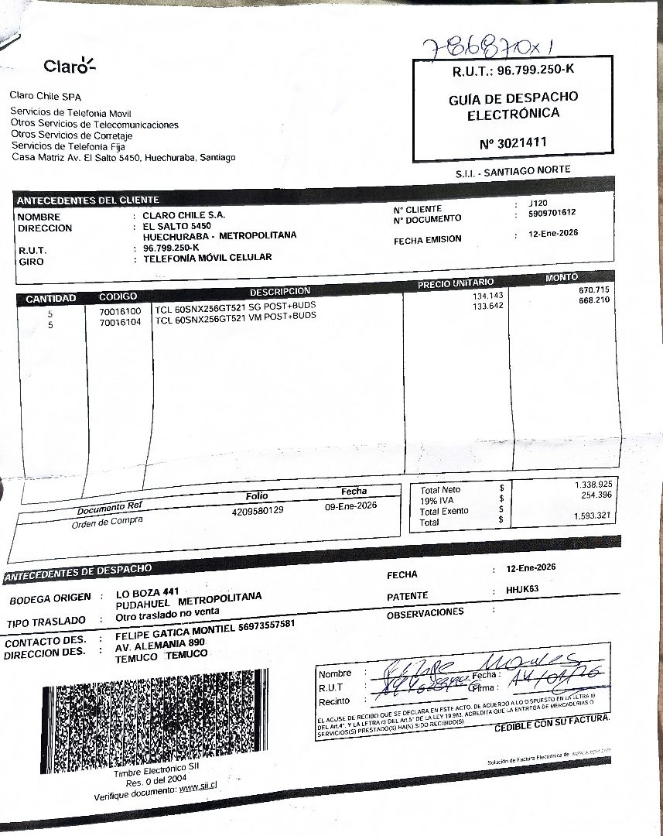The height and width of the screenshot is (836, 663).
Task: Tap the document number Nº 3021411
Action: pyautogui.click(x=513, y=142)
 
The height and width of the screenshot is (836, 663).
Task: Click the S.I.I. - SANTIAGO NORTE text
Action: pyautogui.click(x=513, y=170)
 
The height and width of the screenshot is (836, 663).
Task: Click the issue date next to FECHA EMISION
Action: pyautogui.click(x=549, y=233)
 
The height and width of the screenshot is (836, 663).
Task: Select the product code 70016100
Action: pyautogui.click(x=120, y=310)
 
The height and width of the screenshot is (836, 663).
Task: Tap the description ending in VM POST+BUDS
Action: pyautogui.click(x=236, y=317)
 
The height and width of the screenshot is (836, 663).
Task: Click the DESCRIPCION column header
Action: pyautogui.click(x=279, y=292)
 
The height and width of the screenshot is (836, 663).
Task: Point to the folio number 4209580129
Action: pyautogui.click(x=258, y=510)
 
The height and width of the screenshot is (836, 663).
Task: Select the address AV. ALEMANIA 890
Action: pyautogui.click(x=160, y=642)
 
